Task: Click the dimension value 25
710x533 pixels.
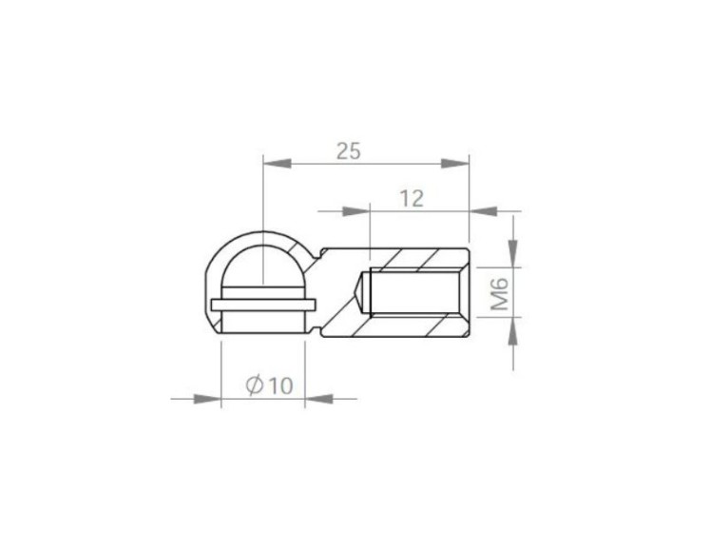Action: [349, 150]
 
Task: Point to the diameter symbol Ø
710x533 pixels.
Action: [254, 385]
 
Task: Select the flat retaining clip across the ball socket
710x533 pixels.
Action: [262, 305]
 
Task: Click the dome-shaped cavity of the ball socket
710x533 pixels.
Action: [262, 266]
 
